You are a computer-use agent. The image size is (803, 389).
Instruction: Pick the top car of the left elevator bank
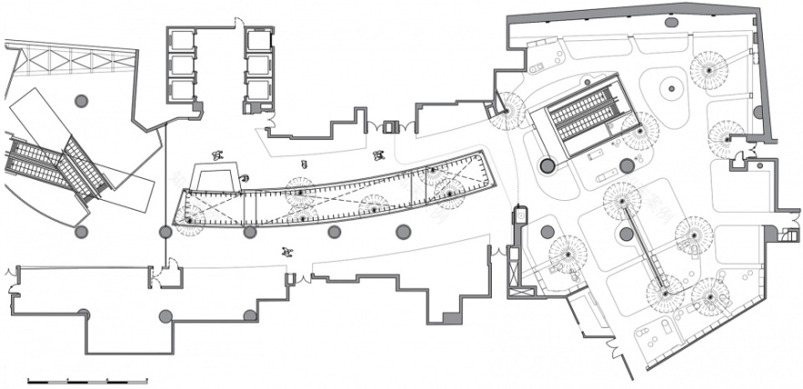coord(182,41)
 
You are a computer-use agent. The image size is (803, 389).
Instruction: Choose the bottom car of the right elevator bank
coord(259,89)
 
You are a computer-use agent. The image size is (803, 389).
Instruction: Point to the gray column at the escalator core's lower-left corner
coord(547,166)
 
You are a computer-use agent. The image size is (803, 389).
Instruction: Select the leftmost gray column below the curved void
coord(165,232)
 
